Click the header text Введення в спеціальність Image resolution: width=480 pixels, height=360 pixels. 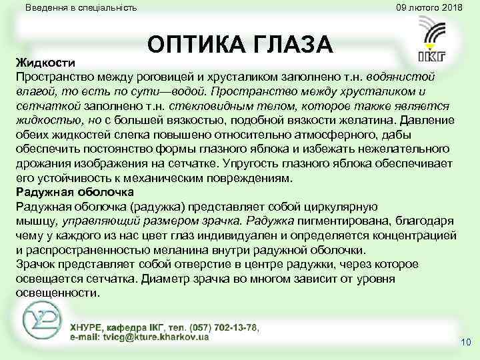[x=81, y=8]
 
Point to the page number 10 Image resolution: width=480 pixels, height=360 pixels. [x=465, y=343]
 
